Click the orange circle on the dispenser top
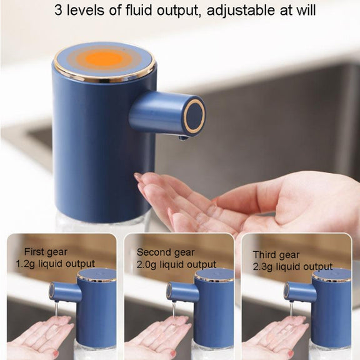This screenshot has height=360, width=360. [103, 58]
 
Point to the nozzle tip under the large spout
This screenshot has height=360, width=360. [183, 137]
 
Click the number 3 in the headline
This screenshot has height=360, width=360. [58, 11]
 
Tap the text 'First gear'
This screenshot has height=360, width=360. [46, 252]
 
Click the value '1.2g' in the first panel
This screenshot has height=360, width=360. [25, 264]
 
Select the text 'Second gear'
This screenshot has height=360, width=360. [166, 252]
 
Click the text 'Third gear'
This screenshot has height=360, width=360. [276, 255]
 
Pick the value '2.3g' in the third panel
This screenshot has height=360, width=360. [262, 266]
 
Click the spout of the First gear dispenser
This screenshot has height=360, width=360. [65, 291]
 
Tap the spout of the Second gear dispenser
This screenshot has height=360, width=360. [182, 291]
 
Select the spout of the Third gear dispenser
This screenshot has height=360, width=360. [300, 291]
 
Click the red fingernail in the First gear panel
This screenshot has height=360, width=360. [56, 352]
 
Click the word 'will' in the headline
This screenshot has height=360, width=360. [306, 10]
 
